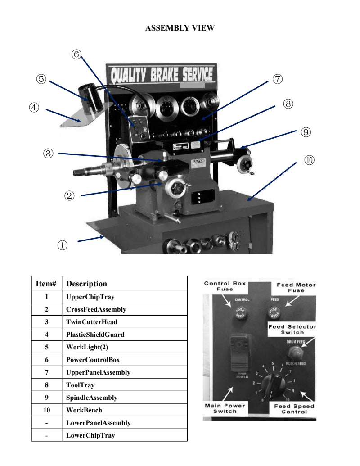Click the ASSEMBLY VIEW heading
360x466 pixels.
coord(180,28)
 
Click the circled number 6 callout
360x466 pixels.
coord(76,54)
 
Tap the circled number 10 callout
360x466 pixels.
coord(309,160)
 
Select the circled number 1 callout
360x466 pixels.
coord(62,245)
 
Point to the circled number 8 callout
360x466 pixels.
coord(288,104)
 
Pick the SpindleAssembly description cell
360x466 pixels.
coord(92,398)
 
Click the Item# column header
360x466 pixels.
coord(46,284)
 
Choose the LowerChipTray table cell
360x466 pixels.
coord(90,435)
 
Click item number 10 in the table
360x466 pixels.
coord(46,410)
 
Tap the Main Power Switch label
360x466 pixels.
coord(225,408)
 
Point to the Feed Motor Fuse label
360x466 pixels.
coord(296,287)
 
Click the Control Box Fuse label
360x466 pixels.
coord(225,286)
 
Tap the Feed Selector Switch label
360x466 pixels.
coord(292,329)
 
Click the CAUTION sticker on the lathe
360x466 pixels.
coord(198,162)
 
